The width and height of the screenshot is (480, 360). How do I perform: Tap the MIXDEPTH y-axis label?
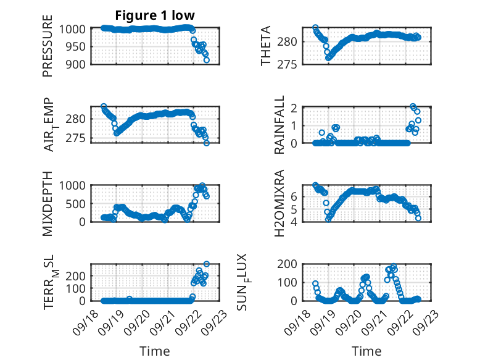coord(48,204)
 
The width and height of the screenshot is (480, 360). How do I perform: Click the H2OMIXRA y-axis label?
coord(279,204)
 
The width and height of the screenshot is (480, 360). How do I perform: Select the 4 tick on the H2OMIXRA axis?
coord(295,221)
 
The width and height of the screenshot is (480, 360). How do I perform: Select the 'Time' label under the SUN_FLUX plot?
coord(366,351)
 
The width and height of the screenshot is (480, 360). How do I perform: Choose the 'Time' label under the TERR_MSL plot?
coord(151,351)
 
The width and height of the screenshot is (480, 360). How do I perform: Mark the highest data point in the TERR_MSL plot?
coord(207,264)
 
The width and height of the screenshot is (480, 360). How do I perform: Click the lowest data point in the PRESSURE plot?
coord(207,60)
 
